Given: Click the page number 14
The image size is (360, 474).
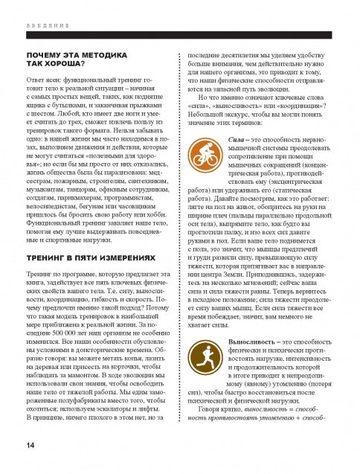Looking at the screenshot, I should [x=30, y=444].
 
